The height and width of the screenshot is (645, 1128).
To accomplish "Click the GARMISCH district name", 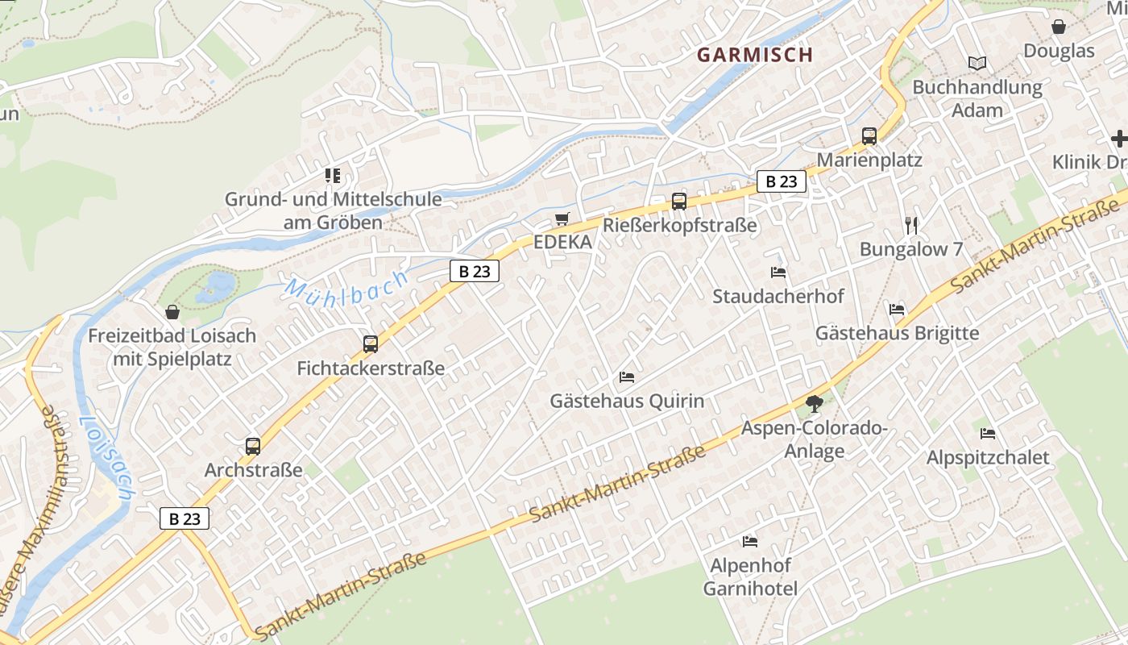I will coord(754,55).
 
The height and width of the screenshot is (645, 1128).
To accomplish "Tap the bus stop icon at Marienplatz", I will coord(869,136).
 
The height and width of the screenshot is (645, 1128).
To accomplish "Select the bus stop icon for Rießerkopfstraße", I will coord(679,202).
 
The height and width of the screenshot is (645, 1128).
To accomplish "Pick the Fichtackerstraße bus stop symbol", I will coord(371,344).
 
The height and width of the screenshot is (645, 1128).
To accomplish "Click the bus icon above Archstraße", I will coord(253,446).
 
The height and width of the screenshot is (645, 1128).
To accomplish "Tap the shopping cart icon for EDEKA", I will coord(562,218).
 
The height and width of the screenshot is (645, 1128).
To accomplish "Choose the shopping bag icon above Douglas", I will coord(1059,27).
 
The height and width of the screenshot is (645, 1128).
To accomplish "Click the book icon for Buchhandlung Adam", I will coord(977,63).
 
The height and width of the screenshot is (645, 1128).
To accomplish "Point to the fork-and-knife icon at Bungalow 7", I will coord(911,225).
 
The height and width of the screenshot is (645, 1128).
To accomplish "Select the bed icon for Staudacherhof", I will coord(778,273).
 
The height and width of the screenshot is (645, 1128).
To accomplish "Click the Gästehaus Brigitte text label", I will coord(897,333).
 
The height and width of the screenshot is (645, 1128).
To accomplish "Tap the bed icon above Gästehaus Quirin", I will coord(627,377).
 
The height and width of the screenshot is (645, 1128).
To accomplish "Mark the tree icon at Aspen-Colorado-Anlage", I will coord(815,403).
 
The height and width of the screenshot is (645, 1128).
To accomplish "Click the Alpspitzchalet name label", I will coord(988,457).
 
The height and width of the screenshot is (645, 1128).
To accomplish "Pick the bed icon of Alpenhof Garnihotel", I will coord(750,541).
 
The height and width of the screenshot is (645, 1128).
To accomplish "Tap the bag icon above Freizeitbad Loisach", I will coord(172,312).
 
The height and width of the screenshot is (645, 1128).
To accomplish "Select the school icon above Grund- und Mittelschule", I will coord(333,175).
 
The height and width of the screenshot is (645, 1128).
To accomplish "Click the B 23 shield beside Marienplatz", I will coord(781,181).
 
